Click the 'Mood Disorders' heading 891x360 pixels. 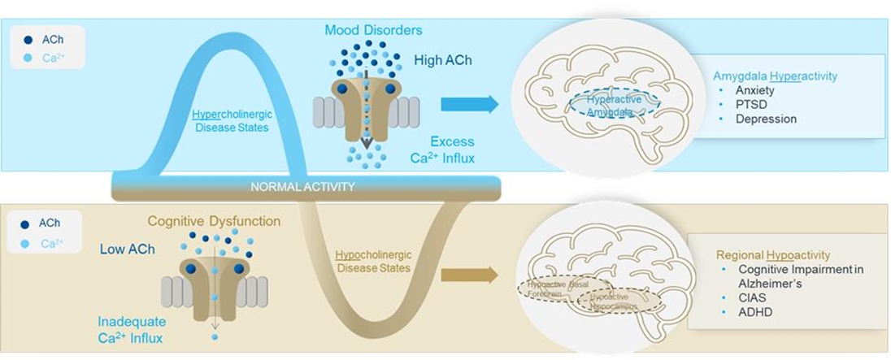coord(373,31)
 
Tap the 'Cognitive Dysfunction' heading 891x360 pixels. coord(214,221)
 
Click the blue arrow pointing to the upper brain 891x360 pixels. coord(469,104)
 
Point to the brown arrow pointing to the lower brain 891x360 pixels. coord(469,275)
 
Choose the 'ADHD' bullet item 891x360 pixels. coord(754,311)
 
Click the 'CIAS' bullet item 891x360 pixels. coord(753,297)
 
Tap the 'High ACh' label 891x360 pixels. coord(443,60)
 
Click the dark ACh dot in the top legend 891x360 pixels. coord(29,38)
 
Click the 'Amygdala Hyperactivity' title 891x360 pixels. coord(775,76)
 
